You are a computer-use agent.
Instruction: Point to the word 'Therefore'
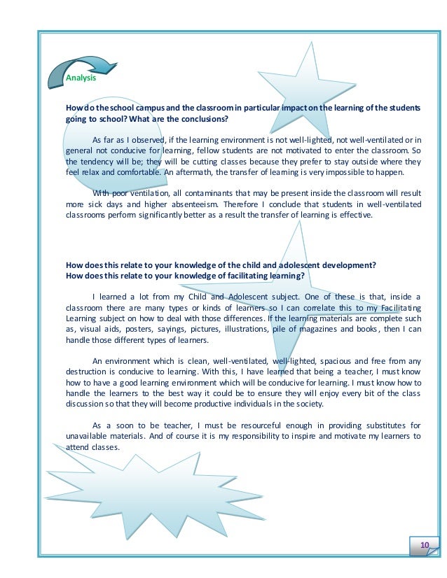click(x=241, y=204)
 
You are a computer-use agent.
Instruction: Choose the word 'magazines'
click(x=324, y=329)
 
